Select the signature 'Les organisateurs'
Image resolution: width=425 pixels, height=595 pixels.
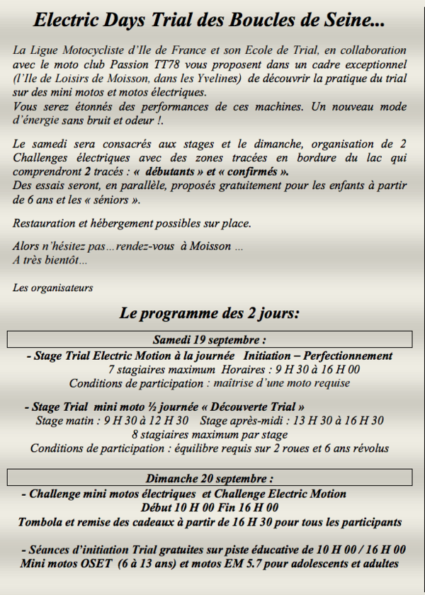tap(52, 288)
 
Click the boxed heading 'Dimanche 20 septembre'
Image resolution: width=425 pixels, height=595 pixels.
tap(209, 478)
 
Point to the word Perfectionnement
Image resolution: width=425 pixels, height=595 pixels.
tap(347, 356)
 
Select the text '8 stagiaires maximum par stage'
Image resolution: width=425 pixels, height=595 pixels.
tap(210, 434)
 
